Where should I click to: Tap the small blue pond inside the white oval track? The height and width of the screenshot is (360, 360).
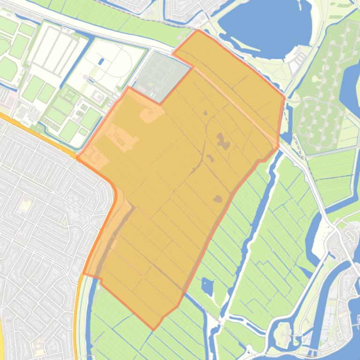102,61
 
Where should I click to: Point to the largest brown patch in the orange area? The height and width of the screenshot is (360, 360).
222,141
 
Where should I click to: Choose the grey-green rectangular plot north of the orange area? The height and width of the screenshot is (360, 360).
162,75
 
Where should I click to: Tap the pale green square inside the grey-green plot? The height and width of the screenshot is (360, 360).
150,84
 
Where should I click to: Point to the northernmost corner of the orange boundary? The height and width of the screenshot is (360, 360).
198,30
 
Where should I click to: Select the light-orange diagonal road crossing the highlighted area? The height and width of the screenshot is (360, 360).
234,103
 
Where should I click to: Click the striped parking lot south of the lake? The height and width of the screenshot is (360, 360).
298,61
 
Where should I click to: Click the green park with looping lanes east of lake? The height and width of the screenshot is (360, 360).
323,94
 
